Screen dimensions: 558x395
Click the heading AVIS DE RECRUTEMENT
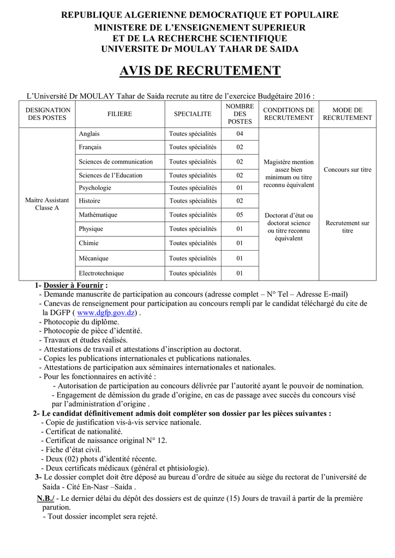pyautogui.click(x=200, y=71)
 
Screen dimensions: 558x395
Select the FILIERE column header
pyautogui.click(x=119, y=114)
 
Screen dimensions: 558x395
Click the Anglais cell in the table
pyautogui.click(x=89, y=134)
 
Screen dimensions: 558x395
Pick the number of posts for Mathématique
pyautogui.click(x=240, y=215)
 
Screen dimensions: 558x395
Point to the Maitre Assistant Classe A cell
pyautogui.click(x=47, y=204)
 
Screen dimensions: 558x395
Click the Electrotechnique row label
pyautogui.click(x=101, y=273)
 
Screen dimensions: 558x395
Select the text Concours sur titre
pyautogui.click(x=347, y=169)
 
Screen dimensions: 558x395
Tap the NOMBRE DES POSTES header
pyautogui.click(x=240, y=114)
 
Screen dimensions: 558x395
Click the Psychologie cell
pyautogui.click(x=95, y=187)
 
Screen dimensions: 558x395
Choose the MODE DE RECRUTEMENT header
pyautogui.click(x=347, y=114)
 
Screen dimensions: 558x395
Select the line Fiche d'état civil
pyautogui.click(x=74, y=450)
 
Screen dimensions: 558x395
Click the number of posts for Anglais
pyautogui.click(x=240, y=134)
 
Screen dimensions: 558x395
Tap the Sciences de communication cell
pyautogui.click(x=116, y=161)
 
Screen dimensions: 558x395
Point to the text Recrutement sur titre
pyautogui.click(x=347, y=227)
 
